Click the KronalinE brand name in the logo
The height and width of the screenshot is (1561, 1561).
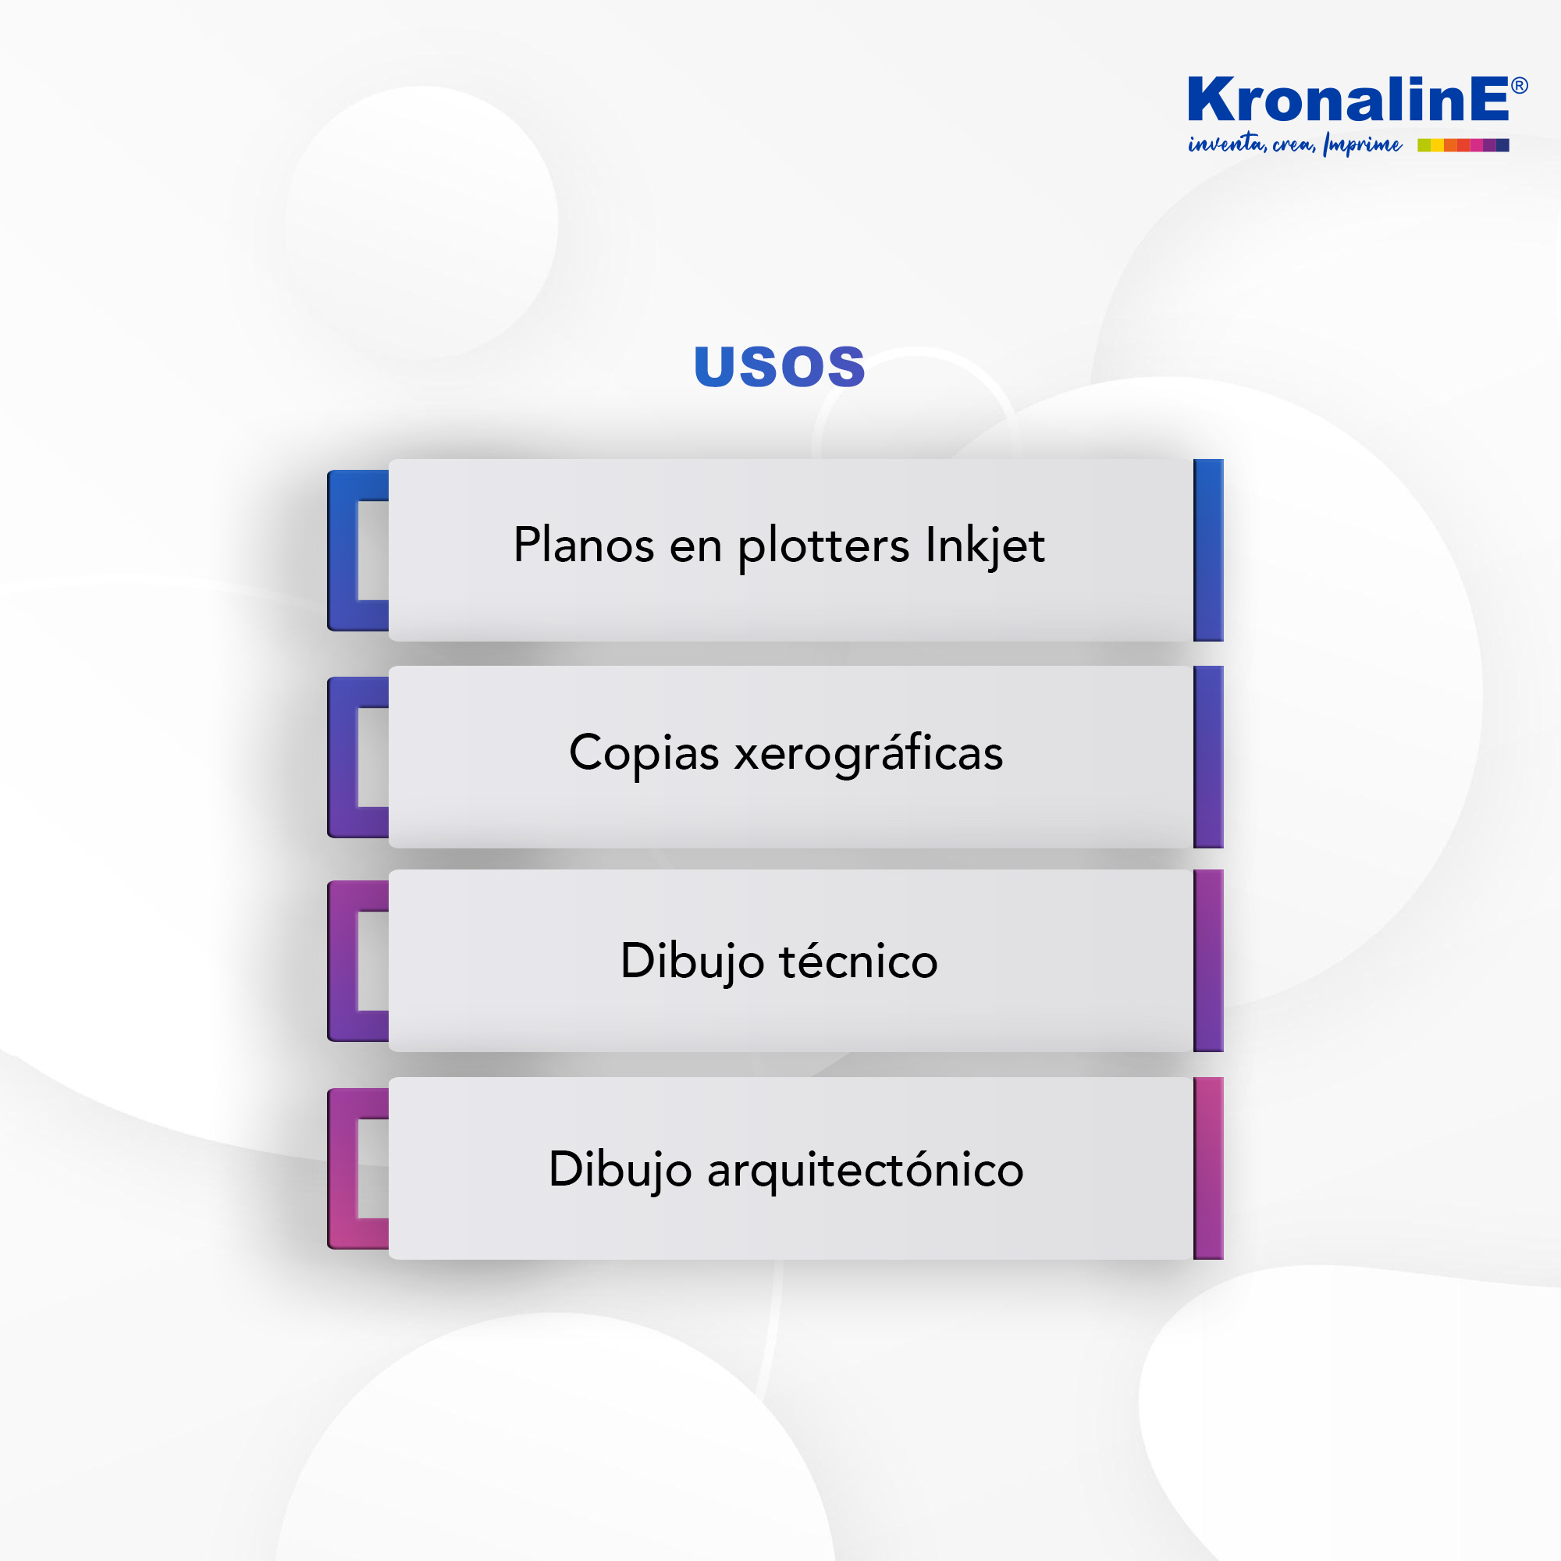coord(1347,99)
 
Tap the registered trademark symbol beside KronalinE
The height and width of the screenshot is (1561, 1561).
coord(1519,86)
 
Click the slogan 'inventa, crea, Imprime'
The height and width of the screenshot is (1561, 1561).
coord(1294,144)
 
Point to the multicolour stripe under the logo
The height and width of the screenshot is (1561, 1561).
coord(1463,145)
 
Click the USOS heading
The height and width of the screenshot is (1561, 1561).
coord(780,366)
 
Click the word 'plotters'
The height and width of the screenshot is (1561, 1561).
coord(823,546)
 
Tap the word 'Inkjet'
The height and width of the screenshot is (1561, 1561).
coord(985,546)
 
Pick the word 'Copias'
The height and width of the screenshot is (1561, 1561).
coord(644,754)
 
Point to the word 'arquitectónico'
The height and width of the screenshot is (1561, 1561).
coord(866,1170)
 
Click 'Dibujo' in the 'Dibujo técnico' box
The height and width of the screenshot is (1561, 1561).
coord(692,962)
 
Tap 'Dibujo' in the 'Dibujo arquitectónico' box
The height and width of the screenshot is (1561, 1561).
coord(620,1171)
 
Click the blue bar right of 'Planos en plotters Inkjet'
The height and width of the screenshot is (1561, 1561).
coord(1208,550)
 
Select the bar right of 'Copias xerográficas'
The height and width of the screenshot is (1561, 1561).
coord(1208,757)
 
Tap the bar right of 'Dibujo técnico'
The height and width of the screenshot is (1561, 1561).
coord(1208,961)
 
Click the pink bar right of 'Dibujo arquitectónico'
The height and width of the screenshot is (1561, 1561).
coord(1208,1168)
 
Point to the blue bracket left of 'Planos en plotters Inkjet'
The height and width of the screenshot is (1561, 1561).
coord(342,550)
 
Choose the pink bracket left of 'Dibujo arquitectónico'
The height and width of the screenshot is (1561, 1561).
coord(342,1168)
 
